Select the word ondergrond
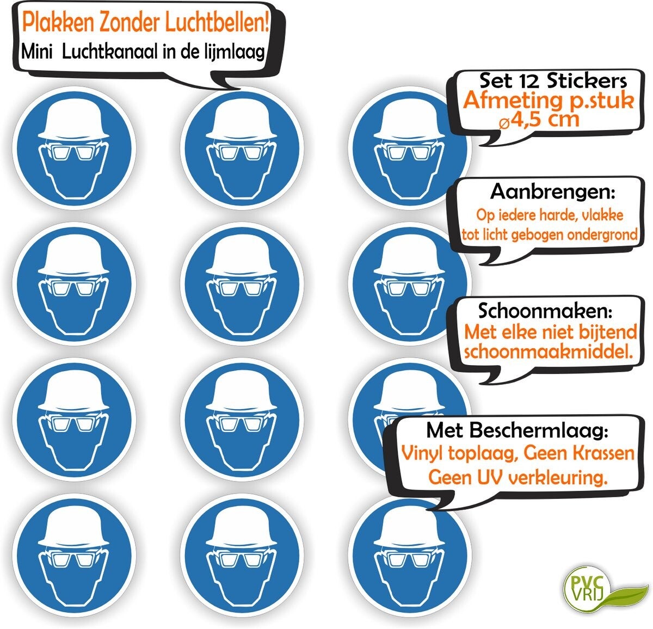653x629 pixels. point(602,235)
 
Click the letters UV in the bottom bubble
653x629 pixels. point(490,477)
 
